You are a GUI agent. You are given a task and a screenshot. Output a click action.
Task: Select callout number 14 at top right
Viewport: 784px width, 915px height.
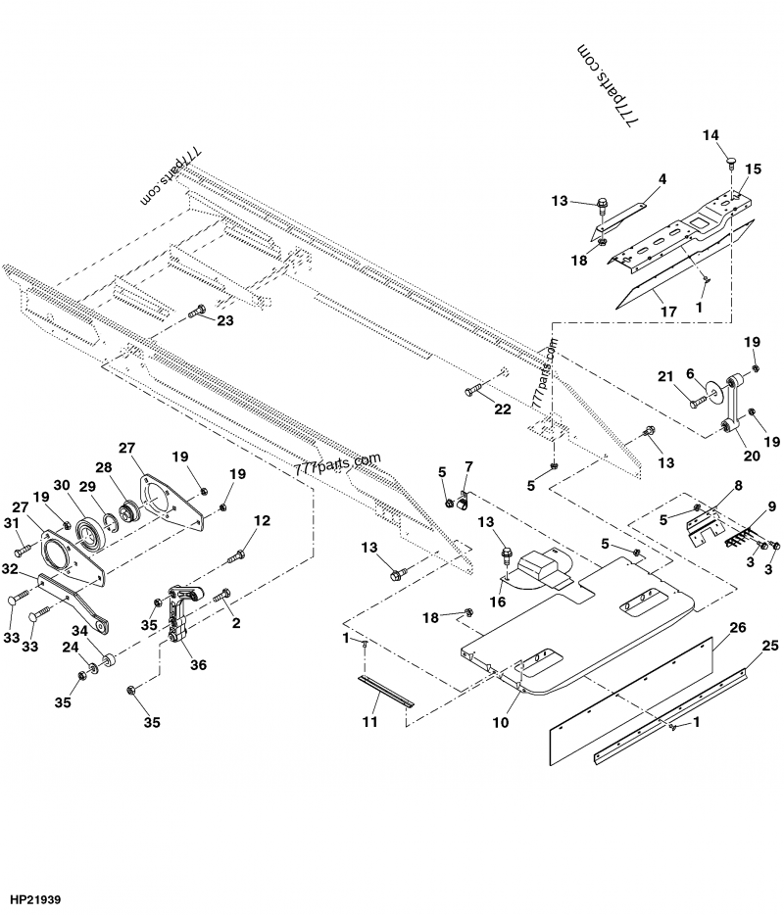click(x=710, y=134)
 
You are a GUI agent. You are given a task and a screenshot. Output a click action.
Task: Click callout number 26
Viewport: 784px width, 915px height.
click(x=738, y=626)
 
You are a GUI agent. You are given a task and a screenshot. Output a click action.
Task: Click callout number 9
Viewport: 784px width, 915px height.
click(x=771, y=506)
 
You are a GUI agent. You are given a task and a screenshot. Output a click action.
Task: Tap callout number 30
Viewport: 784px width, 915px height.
click(x=63, y=486)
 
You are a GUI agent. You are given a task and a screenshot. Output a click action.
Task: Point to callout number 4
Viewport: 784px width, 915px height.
click(x=662, y=179)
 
